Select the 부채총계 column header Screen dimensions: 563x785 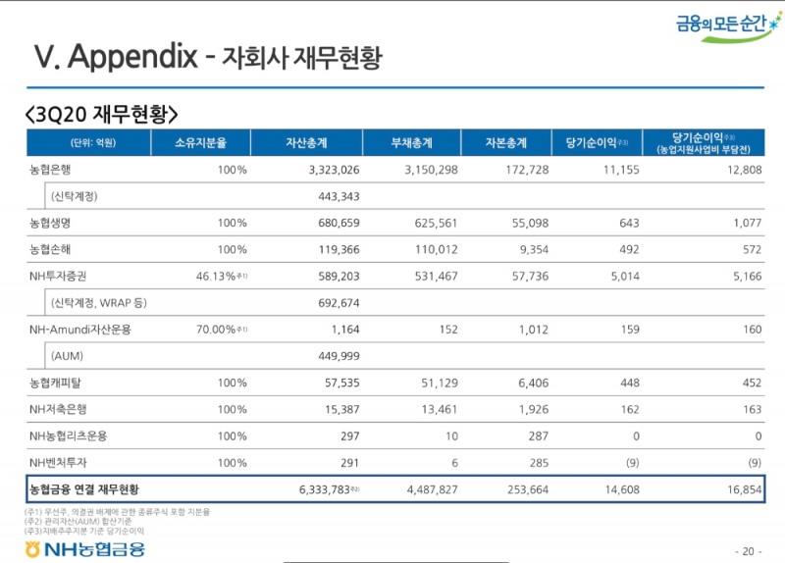(x=411, y=143)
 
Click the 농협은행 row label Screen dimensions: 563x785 (x=50, y=170)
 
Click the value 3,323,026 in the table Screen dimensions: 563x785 (x=329, y=170)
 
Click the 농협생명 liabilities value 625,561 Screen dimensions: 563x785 (x=431, y=223)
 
